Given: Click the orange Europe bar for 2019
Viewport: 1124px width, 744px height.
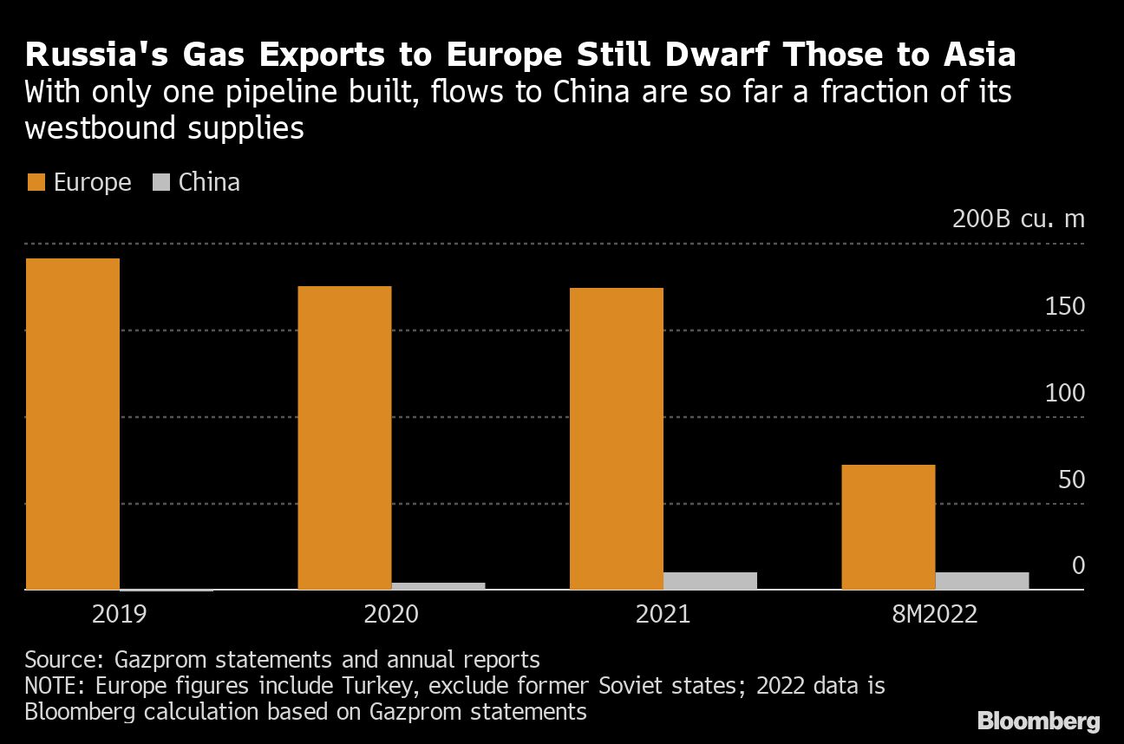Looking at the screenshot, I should click(73, 423).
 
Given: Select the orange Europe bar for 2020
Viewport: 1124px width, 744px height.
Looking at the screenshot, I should click(344, 437).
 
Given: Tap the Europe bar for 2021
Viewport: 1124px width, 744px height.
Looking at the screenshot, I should click(617, 438).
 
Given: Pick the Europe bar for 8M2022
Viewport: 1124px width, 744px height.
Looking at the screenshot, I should click(888, 526).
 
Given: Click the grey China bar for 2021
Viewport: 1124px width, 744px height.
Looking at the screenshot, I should click(710, 580).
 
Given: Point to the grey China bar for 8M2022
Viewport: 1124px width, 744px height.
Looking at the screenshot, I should click(982, 580).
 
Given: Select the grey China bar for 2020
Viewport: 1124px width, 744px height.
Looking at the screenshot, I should click(438, 585).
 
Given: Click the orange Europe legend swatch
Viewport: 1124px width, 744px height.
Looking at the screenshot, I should click(36, 183).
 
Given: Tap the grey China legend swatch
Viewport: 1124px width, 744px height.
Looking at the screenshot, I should click(161, 183).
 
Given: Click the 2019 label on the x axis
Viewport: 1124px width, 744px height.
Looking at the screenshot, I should click(119, 615).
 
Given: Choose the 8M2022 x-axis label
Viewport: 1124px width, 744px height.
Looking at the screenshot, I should click(935, 615).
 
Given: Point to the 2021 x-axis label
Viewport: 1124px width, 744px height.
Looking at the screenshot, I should click(663, 615).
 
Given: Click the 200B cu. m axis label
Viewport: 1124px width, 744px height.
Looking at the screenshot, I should click(1018, 219).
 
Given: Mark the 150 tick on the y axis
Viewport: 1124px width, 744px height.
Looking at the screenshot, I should click(1065, 306).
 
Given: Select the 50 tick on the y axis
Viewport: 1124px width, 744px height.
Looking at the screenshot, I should click(1071, 480).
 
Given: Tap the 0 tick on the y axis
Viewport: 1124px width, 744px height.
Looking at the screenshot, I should click(1078, 566).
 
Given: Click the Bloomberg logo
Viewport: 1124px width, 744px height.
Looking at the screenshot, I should click(1038, 721).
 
